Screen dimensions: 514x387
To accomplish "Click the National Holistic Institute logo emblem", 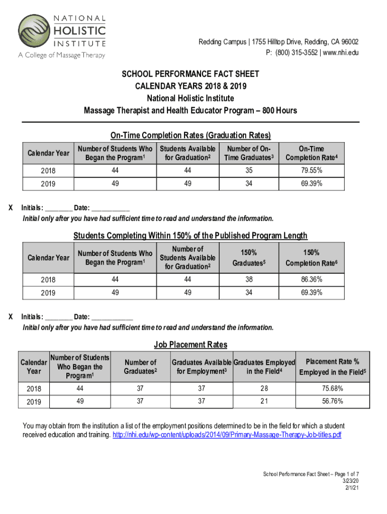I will [34, 32].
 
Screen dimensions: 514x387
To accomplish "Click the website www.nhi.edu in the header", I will [342, 53].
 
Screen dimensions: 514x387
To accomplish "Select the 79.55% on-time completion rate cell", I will [311, 170].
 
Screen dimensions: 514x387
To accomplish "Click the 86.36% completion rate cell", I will [311, 279].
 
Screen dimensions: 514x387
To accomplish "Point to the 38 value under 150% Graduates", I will [249, 279].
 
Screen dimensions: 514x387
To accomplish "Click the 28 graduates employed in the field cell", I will [264, 388].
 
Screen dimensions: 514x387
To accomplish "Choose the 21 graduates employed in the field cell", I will [264, 401].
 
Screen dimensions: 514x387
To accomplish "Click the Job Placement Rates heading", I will [190, 345].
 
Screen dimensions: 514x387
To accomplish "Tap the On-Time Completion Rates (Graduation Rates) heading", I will [190, 136].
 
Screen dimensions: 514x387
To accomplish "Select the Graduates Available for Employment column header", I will [202, 367].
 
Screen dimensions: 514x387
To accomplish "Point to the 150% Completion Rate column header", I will [311, 258].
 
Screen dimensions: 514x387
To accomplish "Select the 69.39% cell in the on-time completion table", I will [311, 183].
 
